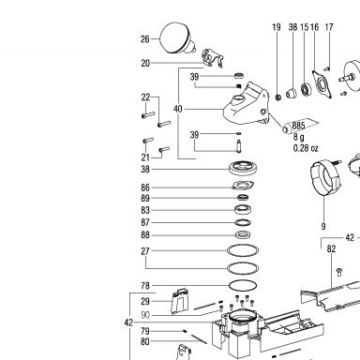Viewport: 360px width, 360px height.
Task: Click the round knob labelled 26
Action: [x=176, y=38]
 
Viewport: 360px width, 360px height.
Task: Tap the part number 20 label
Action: [x=145, y=63]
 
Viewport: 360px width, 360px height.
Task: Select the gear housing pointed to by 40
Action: [x=247, y=104]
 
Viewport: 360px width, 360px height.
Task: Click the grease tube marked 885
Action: [x=301, y=126]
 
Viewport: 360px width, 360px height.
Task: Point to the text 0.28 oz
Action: [x=306, y=148]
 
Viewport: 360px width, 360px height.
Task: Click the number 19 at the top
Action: [x=277, y=27]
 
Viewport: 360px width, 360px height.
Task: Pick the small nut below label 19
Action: [x=277, y=97]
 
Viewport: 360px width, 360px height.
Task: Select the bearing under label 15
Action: [x=306, y=89]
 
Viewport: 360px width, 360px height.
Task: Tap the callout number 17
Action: [x=329, y=27]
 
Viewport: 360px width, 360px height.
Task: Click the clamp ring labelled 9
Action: [x=325, y=177]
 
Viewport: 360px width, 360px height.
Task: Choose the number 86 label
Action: [x=145, y=187]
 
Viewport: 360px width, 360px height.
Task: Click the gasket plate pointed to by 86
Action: [x=243, y=186]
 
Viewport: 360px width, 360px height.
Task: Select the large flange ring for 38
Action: [x=244, y=168]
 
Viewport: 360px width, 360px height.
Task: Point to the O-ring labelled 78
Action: [x=243, y=285]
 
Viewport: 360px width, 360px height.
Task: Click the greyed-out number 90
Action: [x=145, y=315]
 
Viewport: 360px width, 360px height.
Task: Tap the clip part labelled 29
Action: [x=180, y=301]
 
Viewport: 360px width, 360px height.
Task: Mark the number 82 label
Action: [x=331, y=249]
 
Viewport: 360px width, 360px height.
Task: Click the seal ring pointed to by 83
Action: [x=243, y=209]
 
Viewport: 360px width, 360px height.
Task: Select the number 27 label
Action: [x=145, y=251]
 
